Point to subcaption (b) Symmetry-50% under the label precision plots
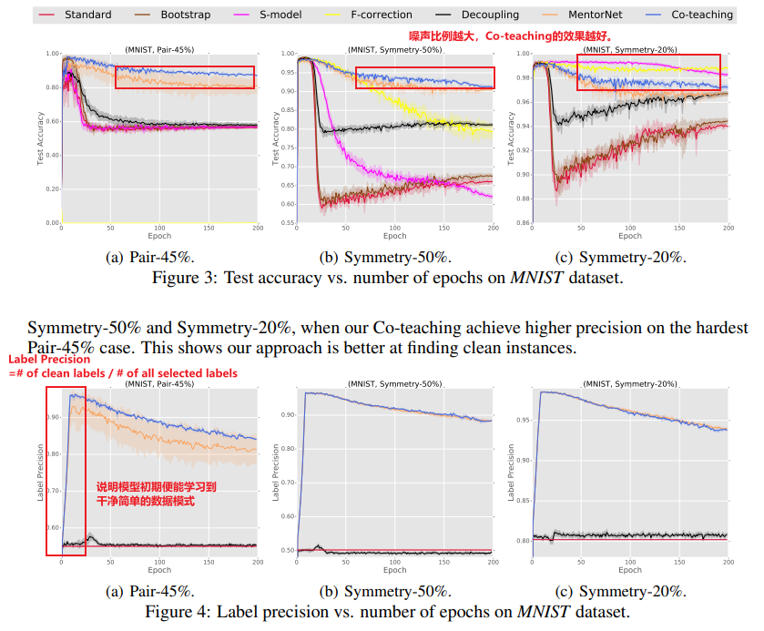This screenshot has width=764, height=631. coord(395,590)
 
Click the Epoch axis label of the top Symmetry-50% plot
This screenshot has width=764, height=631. coord(394,236)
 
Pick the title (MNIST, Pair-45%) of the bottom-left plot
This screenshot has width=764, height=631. coord(158,383)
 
